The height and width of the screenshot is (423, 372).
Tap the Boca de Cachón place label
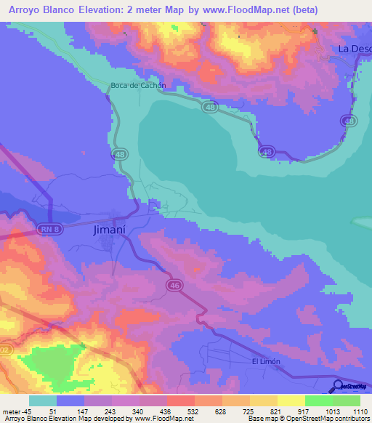pos(138,86)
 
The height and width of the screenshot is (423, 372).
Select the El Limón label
pos(265,361)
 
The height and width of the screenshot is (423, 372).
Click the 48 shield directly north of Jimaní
pos(118,155)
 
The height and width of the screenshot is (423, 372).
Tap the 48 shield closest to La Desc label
pos(350,121)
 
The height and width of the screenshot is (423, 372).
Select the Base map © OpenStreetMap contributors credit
pos(307,419)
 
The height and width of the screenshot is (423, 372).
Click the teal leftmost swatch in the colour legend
pos(42,400)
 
